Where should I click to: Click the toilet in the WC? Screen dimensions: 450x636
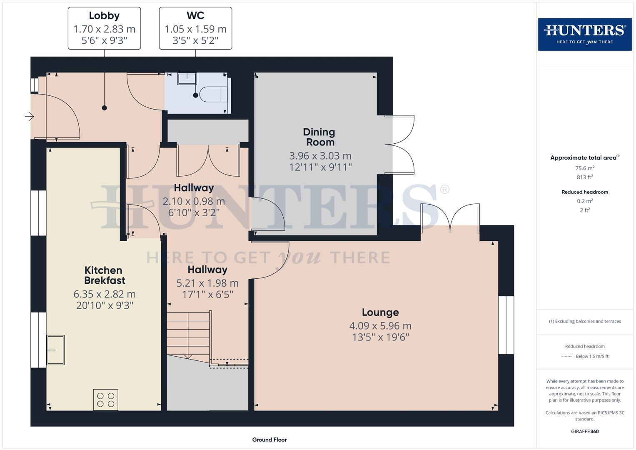coord(214,95)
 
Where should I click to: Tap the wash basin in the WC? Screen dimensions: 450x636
coord(187,79)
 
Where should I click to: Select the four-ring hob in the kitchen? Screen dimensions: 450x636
coord(106,400)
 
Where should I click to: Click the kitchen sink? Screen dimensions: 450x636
coord(55,350)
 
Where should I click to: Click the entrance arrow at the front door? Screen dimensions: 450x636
coord(29,117)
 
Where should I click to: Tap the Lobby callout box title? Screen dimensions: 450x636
coord(104,16)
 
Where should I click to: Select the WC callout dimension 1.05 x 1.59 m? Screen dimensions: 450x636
coord(195,29)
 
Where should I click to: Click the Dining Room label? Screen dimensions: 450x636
coord(319,137)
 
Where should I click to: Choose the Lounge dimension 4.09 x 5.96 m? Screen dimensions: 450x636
coord(380,326)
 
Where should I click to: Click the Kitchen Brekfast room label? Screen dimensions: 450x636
coord(104,275)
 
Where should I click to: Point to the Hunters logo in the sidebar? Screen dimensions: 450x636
coord(585,34)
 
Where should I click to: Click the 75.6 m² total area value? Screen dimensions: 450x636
coord(585,168)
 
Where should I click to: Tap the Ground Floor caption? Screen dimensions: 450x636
coord(269,440)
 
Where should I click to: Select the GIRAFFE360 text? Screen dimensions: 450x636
coord(585,432)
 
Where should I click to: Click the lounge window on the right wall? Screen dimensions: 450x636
coord(506,325)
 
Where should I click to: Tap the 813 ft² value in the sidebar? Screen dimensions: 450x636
coord(585,177)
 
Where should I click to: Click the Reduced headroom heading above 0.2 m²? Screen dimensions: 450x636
coord(585,192)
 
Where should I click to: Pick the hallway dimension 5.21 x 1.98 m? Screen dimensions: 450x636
coord(207,283)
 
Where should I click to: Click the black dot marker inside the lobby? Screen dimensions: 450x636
coord(105,108)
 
